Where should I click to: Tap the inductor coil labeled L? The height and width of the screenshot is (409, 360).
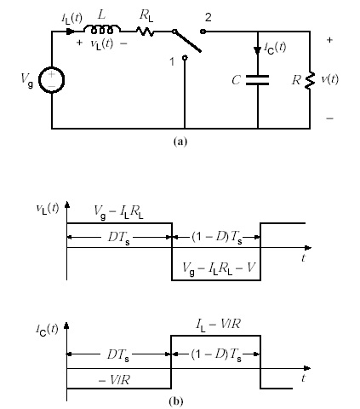pos(105,32)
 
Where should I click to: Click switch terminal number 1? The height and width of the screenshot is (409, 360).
pos(184,70)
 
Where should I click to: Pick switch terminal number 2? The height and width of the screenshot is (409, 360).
pos(209,32)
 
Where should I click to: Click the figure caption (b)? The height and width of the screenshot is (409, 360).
pos(180,398)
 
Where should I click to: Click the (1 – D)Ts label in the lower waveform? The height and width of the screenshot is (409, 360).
pos(216,355)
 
